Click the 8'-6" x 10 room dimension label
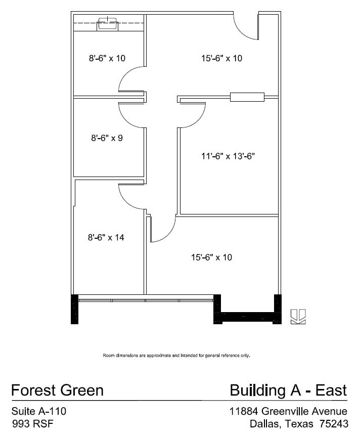pyautogui.click(x=107, y=58)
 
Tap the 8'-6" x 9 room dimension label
pyautogui.click(x=107, y=138)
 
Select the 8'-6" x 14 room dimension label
pyautogui.click(x=106, y=237)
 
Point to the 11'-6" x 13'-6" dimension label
pyautogui.click(x=228, y=156)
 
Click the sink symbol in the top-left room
pyautogui.click(x=107, y=23)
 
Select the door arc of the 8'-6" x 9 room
pyautogui.click(x=131, y=115)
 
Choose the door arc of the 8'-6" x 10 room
pyautogui.click(x=131, y=80)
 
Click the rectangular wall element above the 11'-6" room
pyautogui.click(x=247, y=97)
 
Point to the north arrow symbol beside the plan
pyautogui.click(x=298, y=316)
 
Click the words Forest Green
pyautogui.click(x=57, y=390)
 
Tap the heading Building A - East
pyautogui.click(x=288, y=390)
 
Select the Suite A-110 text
pyautogui.click(x=38, y=411)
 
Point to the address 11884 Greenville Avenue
pyautogui.click(x=288, y=411)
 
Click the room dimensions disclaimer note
pyautogui.click(x=176, y=355)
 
